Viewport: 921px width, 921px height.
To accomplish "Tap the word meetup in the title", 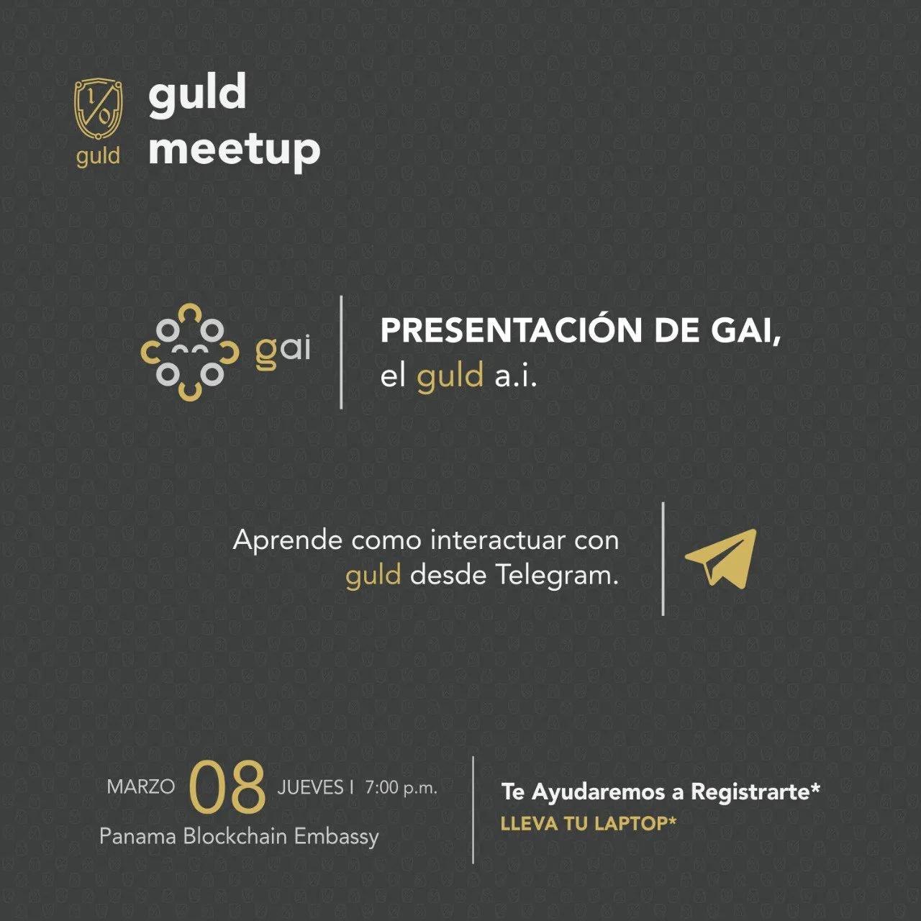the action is coord(234,150).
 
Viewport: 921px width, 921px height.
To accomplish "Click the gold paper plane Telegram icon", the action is coord(721,558).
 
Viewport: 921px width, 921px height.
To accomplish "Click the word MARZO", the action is coord(141,787).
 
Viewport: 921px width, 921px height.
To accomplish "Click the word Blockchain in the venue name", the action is coord(235,836).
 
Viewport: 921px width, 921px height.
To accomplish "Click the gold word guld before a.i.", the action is coord(450,376).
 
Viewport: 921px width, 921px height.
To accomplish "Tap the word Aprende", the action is coord(288,541).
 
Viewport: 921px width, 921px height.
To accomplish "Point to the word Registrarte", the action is coord(756,792).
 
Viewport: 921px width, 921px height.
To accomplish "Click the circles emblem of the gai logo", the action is coord(190,352).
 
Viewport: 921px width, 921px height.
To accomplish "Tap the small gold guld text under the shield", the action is coord(98,156).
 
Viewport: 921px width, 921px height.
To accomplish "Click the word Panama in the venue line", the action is coord(137,837).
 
